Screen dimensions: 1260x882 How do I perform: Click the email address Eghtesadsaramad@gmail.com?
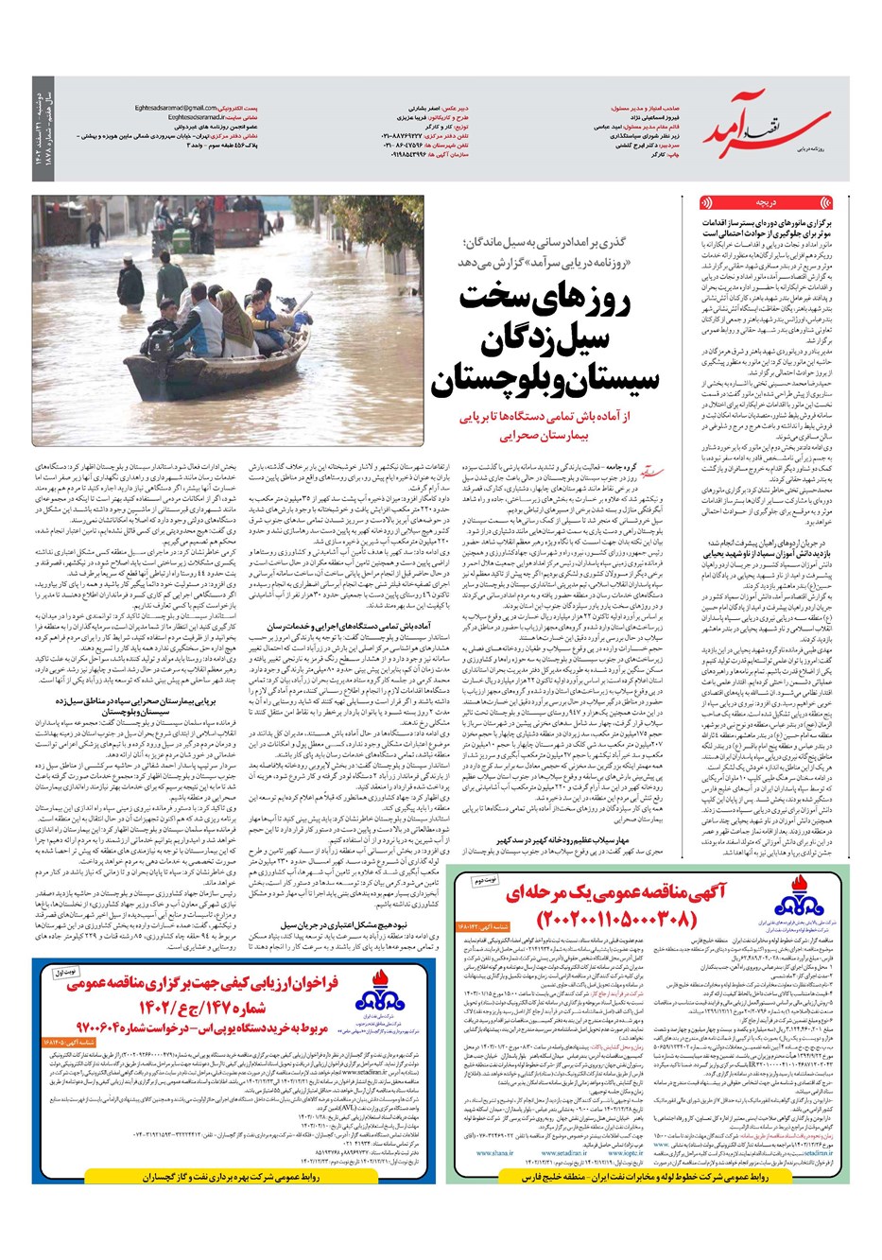click(177, 108)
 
